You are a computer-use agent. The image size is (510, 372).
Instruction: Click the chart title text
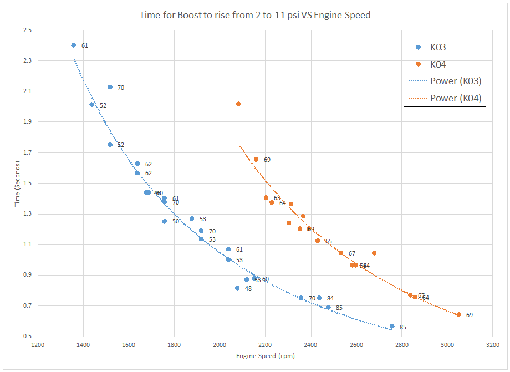point(255,15)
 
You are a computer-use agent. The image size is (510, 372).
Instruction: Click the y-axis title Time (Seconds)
point(18,183)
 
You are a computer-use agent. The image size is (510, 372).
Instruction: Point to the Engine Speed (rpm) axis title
point(266,355)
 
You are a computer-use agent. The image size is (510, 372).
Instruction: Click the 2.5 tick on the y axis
point(27,30)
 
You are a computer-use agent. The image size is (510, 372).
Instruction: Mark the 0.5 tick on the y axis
point(27,337)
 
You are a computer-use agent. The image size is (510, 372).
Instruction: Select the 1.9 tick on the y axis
point(27,122)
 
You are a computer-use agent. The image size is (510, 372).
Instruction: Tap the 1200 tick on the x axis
point(38,344)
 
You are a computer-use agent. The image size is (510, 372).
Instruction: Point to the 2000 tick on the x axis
point(220,344)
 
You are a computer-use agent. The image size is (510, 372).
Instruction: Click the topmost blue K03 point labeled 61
point(74,45)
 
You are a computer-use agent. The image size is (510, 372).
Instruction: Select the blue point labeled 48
point(237,288)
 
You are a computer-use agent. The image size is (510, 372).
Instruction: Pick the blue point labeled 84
point(319,298)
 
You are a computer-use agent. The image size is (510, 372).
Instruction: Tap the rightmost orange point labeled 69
point(458,315)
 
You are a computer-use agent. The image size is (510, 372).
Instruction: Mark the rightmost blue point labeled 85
point(392,327)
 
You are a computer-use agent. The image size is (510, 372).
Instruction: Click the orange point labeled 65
point(318,241)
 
